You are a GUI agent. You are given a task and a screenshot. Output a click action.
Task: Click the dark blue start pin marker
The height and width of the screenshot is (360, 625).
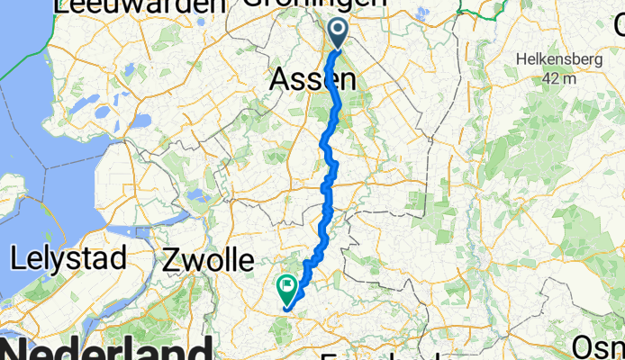[x=339, y=34]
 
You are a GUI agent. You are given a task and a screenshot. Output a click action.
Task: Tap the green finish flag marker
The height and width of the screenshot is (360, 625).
[x=287, y=290]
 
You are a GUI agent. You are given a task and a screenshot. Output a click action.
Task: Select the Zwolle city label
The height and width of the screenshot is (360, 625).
[x=209, y=261]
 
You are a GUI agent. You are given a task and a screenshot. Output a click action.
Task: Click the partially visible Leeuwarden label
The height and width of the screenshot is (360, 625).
[x=140, y=6]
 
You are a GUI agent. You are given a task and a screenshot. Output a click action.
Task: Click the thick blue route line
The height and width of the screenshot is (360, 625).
[x=330, y=180]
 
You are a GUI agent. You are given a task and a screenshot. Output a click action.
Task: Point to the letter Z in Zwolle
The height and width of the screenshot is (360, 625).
[x=172, y=261]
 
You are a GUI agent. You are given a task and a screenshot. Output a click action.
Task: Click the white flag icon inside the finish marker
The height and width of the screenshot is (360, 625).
[x=287, y=288]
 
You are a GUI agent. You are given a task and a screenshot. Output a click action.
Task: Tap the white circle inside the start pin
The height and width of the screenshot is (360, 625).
[x=339, y=31]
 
